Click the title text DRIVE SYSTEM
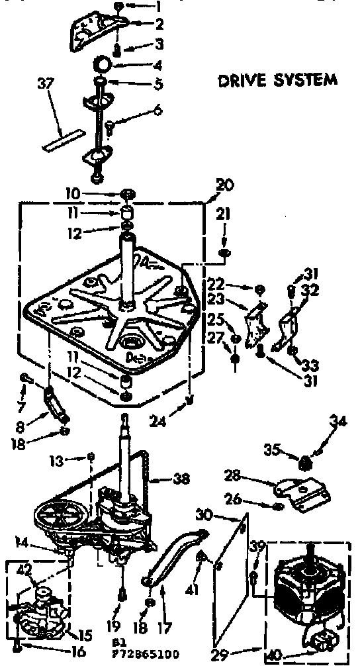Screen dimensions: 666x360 (x=277, y=80)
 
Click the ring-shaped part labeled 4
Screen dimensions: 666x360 (x=104, y=65)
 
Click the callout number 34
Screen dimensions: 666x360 (x=339, y=419)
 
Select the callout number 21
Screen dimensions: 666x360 (x=224, y=213)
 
